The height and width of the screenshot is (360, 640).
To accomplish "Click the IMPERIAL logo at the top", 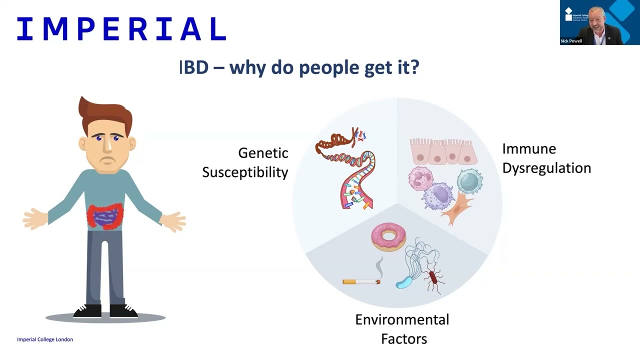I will [x=121, y=29].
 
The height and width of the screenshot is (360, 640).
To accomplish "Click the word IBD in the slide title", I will [x=194, y=67].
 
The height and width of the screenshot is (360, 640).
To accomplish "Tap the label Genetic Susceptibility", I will [x=245, y=162].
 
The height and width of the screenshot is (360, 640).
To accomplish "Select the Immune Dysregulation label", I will [x=546, y=158].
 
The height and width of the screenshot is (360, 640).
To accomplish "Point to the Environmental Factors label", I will [x=402, y=329].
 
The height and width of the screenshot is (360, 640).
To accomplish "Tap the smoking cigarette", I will [x=361, y=281].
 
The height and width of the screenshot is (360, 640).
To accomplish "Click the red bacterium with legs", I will [x=433, y=278].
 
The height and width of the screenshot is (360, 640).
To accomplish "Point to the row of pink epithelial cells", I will [x=443, y=151].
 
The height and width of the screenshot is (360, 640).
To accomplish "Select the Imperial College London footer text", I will [x=45, y=339].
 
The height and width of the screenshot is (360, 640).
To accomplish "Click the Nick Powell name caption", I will [x=571, y=41].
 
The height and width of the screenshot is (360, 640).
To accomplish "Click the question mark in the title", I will [x=414, y=67].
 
